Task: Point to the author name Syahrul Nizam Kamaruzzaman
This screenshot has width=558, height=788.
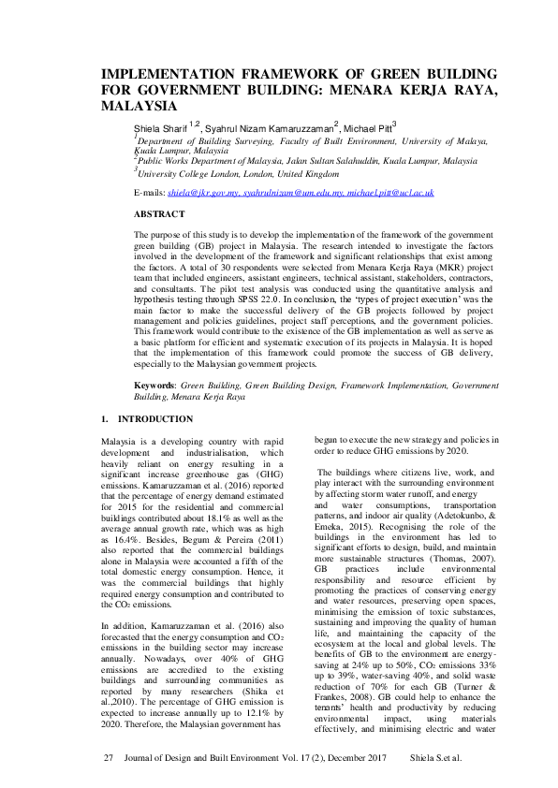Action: tap(268, 127)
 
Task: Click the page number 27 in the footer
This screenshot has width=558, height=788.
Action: tap(107, 755)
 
